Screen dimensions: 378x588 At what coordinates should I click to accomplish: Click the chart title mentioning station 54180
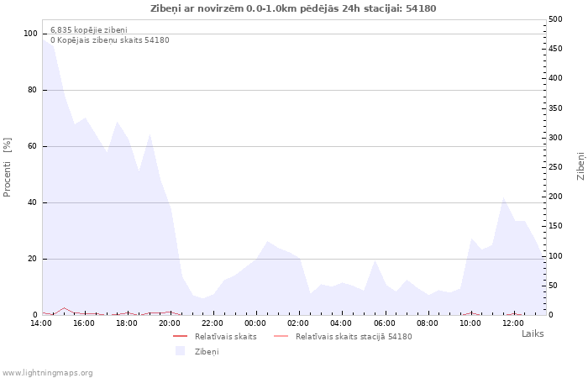tap(293, 8)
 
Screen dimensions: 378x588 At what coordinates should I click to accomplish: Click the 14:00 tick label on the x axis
tap(41, 323)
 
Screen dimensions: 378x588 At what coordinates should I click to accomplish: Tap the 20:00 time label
tap(170, 323)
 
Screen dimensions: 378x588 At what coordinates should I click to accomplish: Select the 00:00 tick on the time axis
tap(255, 323)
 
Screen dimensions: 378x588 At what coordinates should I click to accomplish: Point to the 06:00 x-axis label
tap(384, 323)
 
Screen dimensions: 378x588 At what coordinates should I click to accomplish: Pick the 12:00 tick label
tap(513, 323)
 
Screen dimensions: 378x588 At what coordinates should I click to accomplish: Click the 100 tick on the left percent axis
tap(30, 34)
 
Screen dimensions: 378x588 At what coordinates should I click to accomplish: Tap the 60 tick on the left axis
tap(33, 146)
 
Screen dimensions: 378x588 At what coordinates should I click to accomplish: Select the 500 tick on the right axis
tap(555, 19)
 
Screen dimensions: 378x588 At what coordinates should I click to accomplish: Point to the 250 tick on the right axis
tap(555, 167)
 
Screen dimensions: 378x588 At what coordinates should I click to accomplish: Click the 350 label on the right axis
tap(555, 108)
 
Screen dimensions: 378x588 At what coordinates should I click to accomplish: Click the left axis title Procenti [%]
tap(8, 167)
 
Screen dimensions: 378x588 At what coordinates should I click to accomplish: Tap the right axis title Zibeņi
tap(580, 166)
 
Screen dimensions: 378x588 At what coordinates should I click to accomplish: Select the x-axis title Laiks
tap(533, 333)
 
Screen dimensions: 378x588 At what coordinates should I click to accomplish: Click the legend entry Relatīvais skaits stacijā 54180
tap(353, 336)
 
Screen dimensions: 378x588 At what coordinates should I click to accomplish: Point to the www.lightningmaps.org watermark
tap(47, 373)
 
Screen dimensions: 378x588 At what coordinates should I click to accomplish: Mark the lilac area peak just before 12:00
tap(504, 198)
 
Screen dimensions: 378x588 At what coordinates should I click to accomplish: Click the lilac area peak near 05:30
tap(375, 261)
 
